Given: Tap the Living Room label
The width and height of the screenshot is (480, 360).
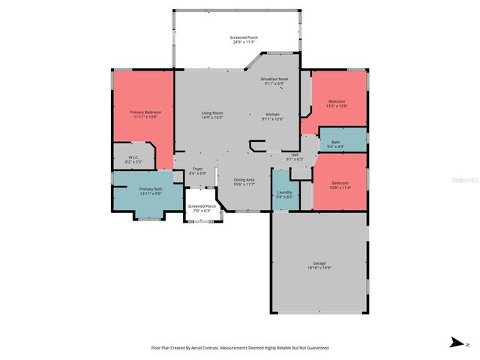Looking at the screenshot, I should [211, 112].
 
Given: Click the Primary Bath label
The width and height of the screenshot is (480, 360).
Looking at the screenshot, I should [150, 189].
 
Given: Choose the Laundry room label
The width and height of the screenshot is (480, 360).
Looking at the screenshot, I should [284, 192].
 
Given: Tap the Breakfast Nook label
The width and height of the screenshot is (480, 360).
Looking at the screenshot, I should [274, 79].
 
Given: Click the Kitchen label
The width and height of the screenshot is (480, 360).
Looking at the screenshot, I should [273, 114].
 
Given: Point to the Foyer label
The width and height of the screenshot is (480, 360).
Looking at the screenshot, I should [197, 169].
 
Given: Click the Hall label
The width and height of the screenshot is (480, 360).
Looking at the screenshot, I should [295, 154].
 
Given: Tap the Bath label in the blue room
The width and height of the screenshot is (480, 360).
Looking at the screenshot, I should [336, 142].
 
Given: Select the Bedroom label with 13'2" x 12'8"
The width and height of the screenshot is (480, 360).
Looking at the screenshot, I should [337, 101].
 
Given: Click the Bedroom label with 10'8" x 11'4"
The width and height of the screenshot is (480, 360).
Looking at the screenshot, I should [340, 182].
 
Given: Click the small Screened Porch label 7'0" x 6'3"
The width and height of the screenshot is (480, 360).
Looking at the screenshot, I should [202, 206].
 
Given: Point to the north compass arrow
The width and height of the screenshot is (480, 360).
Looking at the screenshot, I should [455, 343].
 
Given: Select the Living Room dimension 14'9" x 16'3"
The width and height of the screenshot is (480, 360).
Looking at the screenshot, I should [211, 118].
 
